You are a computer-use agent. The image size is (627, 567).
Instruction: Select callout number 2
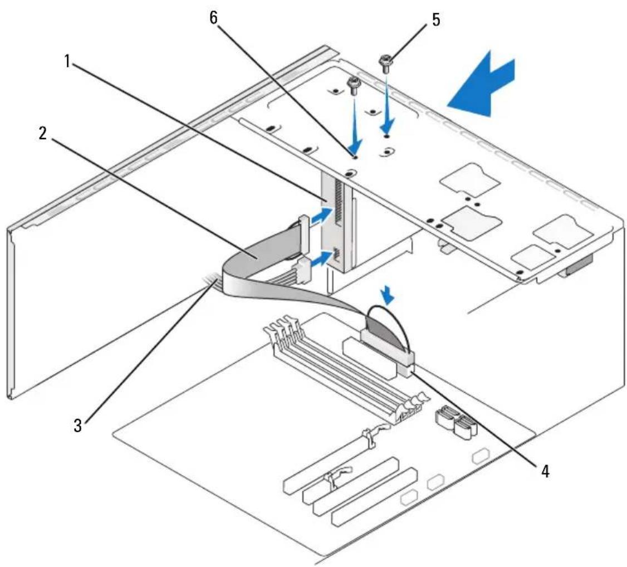(43, 134)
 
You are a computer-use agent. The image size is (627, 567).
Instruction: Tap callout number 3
(77, 425)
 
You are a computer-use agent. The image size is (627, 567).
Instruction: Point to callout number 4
(545, 471)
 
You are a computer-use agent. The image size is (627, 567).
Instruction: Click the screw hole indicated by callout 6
(354, 157)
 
